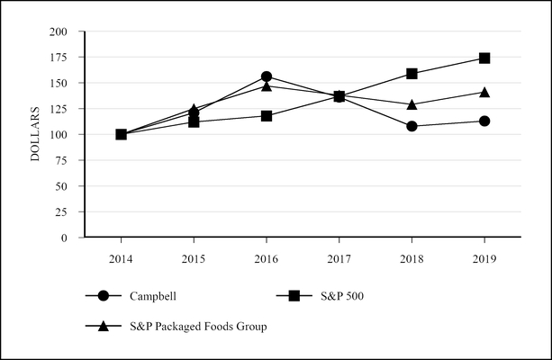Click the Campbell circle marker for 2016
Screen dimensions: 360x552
click(267, 76)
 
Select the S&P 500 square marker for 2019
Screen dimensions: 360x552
click(484, 58)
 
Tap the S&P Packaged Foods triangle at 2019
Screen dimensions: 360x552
click(484, 92)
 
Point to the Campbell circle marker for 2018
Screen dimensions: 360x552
click(412, 126)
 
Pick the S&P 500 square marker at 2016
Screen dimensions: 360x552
click(267, 115)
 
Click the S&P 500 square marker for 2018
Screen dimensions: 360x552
click(412, 74)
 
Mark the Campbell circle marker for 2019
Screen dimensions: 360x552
click(484, 121)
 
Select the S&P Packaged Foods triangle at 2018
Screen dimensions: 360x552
click(412, 104)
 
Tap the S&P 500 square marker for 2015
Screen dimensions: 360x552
click(194, 121)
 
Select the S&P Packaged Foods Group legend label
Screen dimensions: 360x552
click(198, 326)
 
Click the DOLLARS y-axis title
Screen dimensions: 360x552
click(36, 135)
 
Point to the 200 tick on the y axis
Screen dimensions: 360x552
click(59, 31)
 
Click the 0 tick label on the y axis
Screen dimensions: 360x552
click(66, 238)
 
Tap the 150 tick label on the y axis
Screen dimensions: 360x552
click(59, 84)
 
